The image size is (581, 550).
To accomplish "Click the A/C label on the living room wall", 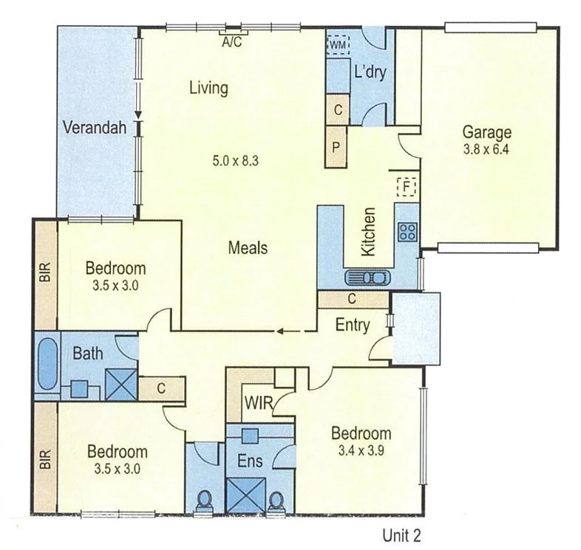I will click(232, 42).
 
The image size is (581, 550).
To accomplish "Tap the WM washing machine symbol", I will click(338, 44).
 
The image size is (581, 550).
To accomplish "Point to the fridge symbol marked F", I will click(406, 187).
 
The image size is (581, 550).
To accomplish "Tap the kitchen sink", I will click(366, 278).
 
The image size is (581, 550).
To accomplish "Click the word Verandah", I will click(90, 126).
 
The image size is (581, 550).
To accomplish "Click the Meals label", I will click(248, 248).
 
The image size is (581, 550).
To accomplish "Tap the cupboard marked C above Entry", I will click(353, 299).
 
